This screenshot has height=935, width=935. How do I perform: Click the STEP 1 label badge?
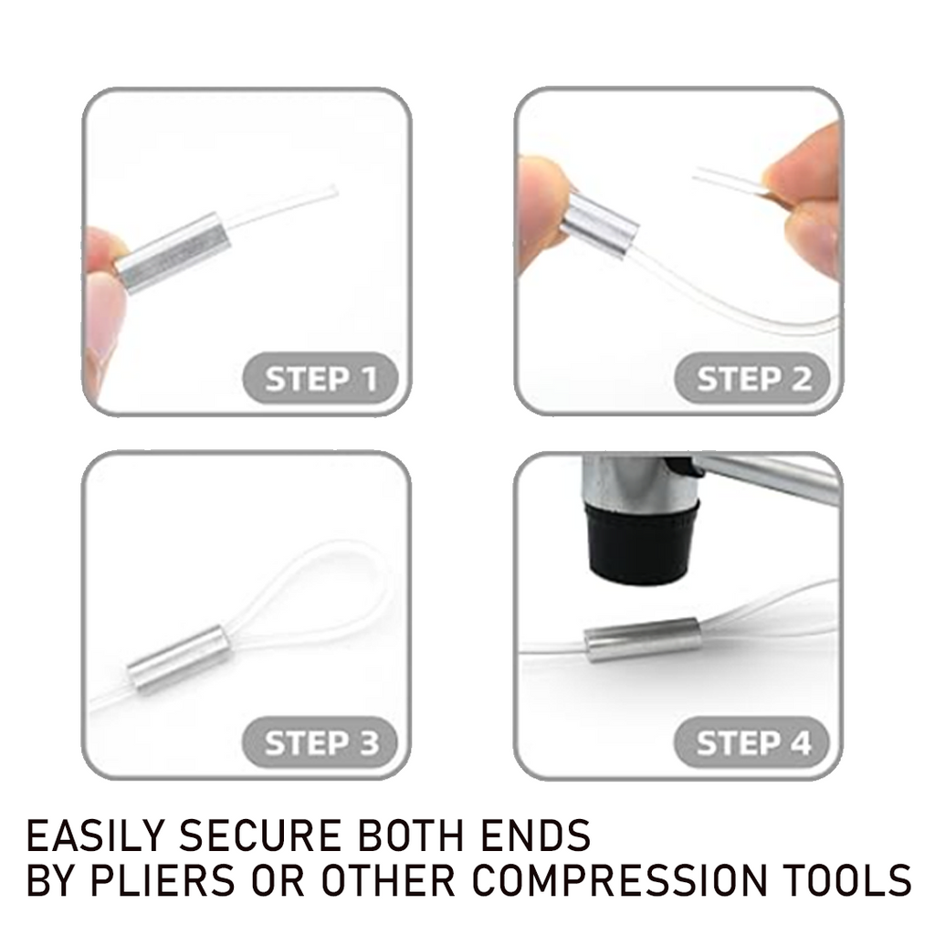point(320,379)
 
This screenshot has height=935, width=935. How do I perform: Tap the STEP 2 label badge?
point(752,379)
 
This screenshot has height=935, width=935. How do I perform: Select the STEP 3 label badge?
point(320,742)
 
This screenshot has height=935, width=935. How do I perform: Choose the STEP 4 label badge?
point(752,742)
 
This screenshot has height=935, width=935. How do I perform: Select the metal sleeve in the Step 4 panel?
point(643,637)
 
